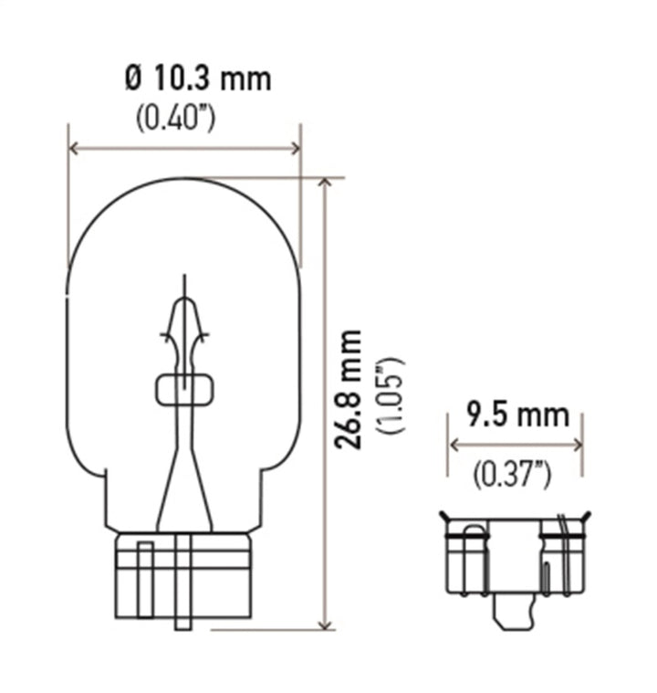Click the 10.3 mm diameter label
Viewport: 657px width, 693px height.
click(x=197, y=79)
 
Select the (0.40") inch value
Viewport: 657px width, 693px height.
click(x=175, y=118)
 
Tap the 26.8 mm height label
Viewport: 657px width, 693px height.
click(x=348, y=389)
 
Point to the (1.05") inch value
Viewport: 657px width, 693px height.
click(x=393, y=394)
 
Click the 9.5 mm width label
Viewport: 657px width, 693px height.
click(x=517, y=415)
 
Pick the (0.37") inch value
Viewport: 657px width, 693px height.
click(x=513, y=473)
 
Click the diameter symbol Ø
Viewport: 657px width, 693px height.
click(x=133, y=79)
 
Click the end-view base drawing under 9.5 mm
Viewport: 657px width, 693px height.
click(x=514, y=557)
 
